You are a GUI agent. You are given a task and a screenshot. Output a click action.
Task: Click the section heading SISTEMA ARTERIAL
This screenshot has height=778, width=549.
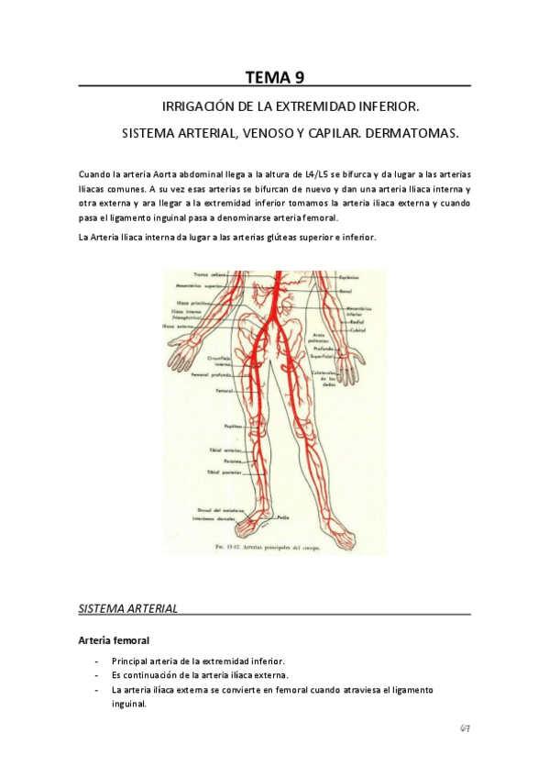(127, 608)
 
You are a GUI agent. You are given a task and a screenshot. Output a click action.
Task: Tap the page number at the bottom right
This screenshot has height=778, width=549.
(465, 728)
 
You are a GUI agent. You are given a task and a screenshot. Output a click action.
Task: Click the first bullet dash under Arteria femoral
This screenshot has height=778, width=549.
(97, 661)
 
